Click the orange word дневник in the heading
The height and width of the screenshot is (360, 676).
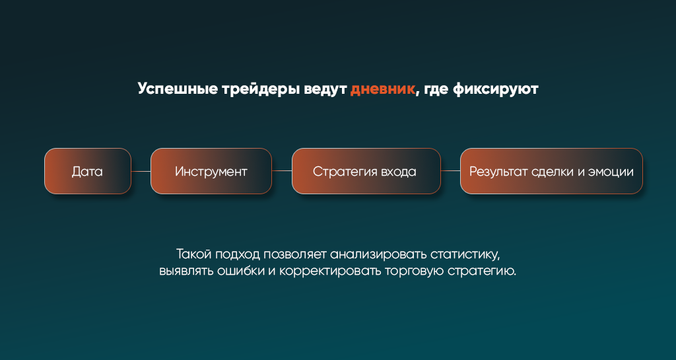point(382,89)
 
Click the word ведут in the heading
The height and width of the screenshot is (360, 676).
point(325,89)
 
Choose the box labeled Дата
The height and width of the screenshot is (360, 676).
point(88,171)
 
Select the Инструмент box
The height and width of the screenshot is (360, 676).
point(211,171)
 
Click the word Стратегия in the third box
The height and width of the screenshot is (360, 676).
point(339,172)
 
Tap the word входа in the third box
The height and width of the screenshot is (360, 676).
point(392,172)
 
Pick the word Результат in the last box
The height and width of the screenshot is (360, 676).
point(498,172)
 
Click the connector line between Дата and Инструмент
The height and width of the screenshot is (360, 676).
point(141,171)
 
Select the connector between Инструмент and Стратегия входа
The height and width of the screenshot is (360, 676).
point(282,171)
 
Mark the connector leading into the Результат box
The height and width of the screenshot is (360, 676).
point(450,171)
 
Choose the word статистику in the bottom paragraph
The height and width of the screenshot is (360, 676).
point(465,254)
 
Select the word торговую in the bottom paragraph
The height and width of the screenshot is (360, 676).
point(415,271)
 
